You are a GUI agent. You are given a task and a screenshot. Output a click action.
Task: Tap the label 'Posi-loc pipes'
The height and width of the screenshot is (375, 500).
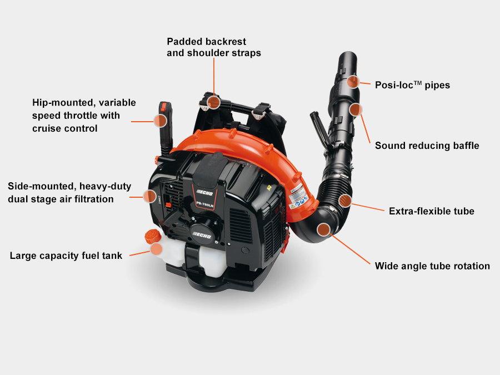coord(412,85)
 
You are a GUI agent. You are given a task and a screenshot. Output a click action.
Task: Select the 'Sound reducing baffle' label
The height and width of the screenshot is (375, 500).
coord(427,146)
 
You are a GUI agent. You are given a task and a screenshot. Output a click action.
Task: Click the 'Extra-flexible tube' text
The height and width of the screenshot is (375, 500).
coord(432,211)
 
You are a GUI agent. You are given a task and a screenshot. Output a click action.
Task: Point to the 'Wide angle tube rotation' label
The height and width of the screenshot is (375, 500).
coord(432,266)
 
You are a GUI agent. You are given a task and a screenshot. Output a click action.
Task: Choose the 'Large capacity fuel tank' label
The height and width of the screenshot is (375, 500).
coord(66,256)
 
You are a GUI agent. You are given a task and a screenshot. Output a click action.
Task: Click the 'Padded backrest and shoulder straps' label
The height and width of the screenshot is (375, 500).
coord(214,47)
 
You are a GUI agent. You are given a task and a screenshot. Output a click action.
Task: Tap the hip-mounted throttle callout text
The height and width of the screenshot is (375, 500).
coord(84,115)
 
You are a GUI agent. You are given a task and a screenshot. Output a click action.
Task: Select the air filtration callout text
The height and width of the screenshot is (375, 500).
coord(69,192)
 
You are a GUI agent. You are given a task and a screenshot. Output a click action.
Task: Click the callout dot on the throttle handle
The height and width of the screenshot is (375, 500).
coord(161,121)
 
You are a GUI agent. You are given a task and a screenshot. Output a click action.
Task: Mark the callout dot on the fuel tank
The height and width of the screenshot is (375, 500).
coord(156,249)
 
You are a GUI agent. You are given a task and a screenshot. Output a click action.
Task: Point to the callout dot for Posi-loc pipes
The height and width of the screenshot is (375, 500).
coord(353,82)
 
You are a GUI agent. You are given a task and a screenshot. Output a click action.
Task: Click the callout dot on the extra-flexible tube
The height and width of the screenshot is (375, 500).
coord(345,201)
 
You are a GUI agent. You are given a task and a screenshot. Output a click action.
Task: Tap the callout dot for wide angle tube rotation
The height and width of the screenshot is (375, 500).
coord(324,229)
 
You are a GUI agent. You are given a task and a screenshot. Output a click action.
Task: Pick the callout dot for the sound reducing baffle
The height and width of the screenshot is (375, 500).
coord(356,109)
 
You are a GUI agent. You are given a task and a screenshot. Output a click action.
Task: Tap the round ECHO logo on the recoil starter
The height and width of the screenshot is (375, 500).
coord(202,234)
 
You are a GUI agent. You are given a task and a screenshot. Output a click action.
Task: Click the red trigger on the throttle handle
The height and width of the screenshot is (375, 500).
coord(163,106)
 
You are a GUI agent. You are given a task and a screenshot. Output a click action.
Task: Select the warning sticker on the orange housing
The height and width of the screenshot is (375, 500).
coord(298,197)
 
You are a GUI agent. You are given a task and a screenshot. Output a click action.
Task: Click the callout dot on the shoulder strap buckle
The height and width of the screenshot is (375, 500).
coord(214,102)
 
